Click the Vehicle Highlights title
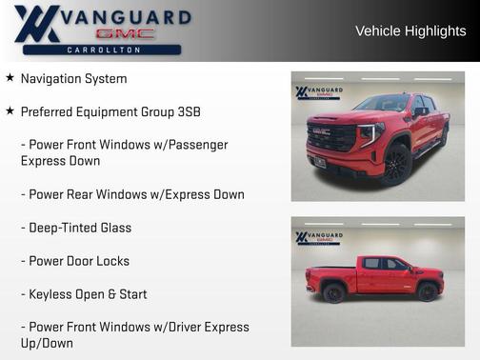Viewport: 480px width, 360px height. point(410,31)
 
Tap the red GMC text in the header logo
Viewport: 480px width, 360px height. point(124,33)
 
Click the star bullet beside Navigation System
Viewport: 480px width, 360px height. point(10,78)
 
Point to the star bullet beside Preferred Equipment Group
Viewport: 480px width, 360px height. point(10,111)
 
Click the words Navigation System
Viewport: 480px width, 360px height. point(73,78)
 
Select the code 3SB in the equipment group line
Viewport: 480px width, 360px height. point(188,111)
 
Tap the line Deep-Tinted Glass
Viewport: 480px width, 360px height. point(76,228)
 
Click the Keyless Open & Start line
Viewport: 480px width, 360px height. point(84,294)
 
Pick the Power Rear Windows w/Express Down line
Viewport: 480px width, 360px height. point(132,194)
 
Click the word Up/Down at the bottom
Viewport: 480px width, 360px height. point(47,343)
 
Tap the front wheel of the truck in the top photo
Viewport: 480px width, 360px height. point(396,165)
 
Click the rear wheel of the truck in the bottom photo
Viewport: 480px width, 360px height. point(334,292)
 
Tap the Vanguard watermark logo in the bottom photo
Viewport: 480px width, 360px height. point(319,237)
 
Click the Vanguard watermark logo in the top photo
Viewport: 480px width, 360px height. point(319,92)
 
